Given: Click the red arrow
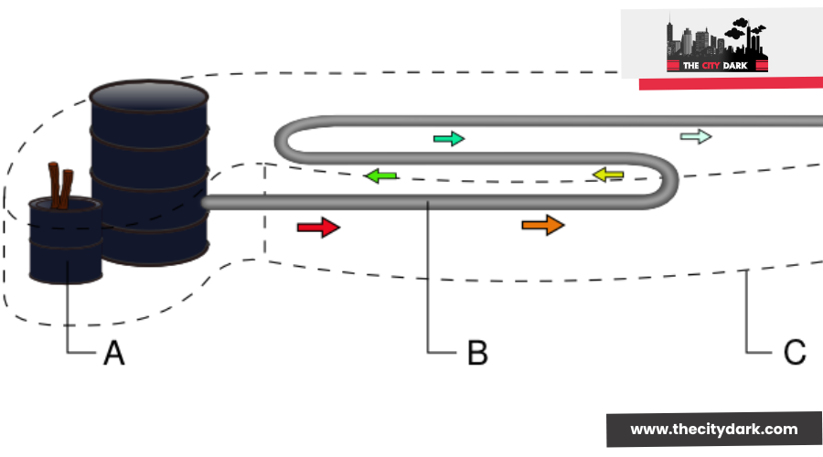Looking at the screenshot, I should (317, 228).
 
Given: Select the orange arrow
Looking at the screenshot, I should (542, 225).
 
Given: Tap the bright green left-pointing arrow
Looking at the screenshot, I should (382, 175).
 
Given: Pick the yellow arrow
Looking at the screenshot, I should (607, 174).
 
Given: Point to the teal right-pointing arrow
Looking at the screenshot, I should (448, 139).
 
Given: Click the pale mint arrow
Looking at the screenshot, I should (695, 137).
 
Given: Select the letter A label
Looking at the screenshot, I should (113, 353).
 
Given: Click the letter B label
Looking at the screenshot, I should (476, 353).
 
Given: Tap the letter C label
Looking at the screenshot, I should (794, 353).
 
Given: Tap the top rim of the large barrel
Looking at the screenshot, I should (148, 93).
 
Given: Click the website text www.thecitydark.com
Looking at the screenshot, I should (714, 429).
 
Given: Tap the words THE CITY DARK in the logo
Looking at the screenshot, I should (718, 65).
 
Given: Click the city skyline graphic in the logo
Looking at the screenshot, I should (719, 38).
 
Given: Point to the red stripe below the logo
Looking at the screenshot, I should (731, 83).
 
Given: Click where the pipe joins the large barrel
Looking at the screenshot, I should (205, 201).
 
